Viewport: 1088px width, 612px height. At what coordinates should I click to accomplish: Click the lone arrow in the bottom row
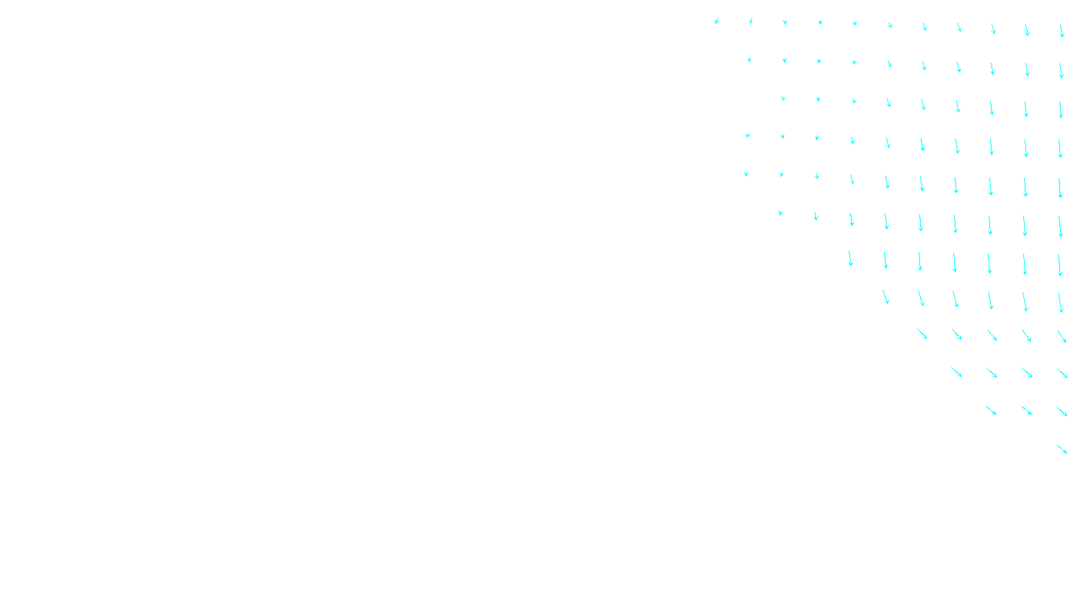point(1061,449)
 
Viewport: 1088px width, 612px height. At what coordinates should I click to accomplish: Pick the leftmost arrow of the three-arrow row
point(991,410)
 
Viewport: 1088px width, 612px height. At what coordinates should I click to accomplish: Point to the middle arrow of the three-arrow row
point(1027,410)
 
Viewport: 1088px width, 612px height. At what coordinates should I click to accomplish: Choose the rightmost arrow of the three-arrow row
point(1061,411)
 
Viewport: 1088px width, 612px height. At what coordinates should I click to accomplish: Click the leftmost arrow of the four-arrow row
point(956,372)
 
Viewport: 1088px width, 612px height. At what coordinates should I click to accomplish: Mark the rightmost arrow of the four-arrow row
point(1062,373)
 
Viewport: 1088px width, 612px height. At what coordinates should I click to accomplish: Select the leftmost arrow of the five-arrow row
point(922,333)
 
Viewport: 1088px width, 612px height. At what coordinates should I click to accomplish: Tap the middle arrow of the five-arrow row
point(992,335)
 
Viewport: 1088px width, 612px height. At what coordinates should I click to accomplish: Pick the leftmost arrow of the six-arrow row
point(885,296)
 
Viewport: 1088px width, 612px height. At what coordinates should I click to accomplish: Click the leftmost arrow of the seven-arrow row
point(850,258)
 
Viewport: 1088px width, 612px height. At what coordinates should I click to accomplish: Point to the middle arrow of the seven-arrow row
point(955,262)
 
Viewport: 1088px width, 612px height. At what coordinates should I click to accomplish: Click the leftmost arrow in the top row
point(716,21)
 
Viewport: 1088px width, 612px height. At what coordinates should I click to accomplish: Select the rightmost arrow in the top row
point(1061,31)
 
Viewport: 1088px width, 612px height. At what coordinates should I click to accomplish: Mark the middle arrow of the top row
point(889,25)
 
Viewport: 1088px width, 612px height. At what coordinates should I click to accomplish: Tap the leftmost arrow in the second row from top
point(749,59)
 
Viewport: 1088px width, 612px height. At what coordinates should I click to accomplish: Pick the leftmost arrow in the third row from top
point(783,98)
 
